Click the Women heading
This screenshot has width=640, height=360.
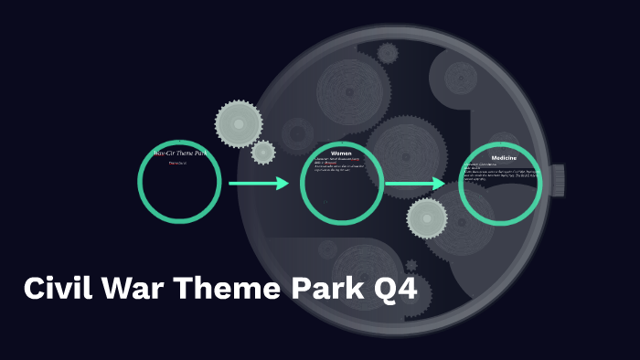(341, 153)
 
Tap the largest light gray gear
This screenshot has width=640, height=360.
(239, 122)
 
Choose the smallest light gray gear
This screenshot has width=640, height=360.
(263, 152)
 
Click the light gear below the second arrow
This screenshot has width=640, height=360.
(427, 218)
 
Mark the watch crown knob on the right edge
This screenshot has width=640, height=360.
(557, 179)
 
